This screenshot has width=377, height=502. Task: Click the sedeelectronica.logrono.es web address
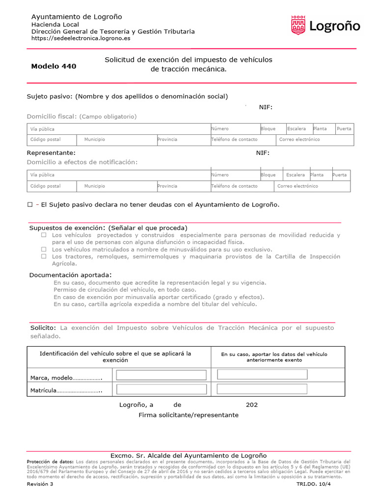point(81,38)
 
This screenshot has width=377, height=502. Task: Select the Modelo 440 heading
point(54,66)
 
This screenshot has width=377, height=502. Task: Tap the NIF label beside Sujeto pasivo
point(266,107)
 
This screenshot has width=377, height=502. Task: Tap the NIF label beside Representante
point(263,153)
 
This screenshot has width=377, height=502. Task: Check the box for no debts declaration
point(29,204)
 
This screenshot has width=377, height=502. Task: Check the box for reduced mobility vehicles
point(44,235)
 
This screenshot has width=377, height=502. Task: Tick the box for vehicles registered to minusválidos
point(44,250)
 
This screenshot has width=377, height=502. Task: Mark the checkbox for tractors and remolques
point(44,256)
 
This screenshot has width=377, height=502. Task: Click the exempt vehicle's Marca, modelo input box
point(161,375)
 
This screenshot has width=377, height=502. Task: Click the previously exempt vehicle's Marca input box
point(262,375)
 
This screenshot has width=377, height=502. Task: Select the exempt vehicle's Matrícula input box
point(161,390)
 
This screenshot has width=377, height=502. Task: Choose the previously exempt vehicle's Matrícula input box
point(262,389)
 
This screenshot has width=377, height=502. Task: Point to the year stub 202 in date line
point(251,405)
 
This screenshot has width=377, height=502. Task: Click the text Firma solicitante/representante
point(188,415)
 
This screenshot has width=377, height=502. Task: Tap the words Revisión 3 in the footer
point(40,484)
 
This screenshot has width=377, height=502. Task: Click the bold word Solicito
point(42,327)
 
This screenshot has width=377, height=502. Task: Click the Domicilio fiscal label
point(52,117)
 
